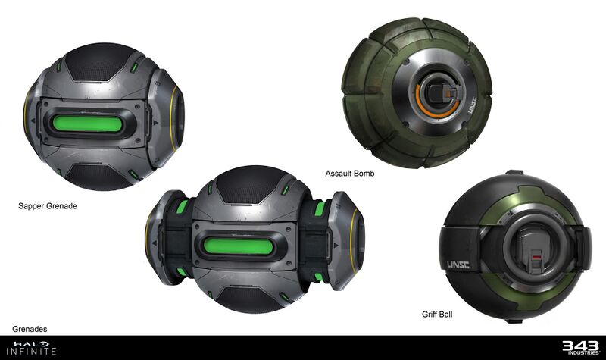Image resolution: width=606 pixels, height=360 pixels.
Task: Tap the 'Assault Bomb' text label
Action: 349,174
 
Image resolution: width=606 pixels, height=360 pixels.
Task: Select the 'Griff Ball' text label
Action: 438,313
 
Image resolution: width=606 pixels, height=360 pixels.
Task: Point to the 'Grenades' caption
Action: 30,329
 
